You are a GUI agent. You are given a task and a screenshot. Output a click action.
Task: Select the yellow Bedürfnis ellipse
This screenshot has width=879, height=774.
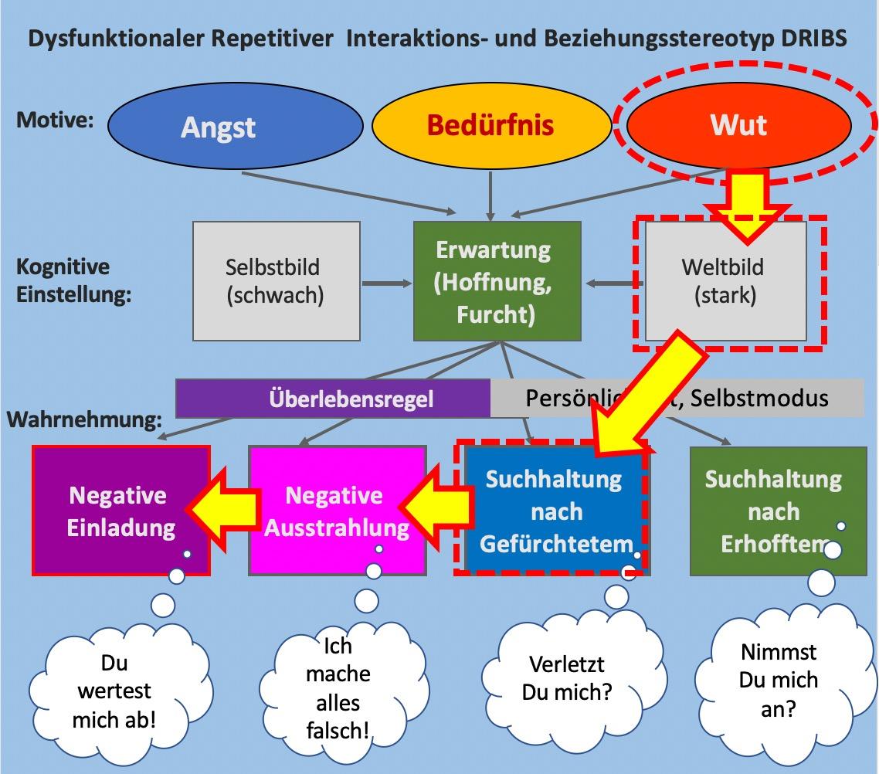(x=490, y=125)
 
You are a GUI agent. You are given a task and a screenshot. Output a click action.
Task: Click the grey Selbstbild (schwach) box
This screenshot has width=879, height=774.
(x=276, y=281)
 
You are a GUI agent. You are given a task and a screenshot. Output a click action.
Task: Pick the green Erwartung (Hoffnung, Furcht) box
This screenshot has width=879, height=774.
(x=497, y=281)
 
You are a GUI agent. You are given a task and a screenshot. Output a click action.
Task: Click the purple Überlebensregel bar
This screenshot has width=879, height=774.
(x=333, y=399)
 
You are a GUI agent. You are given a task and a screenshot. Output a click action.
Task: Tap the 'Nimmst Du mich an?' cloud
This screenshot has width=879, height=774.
(x=779, y=680)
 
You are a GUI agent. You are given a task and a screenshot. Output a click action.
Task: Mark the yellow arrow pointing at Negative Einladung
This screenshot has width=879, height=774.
(x=223, y=508)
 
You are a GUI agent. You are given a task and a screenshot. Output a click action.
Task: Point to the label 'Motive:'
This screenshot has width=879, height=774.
(x=53, y=121)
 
